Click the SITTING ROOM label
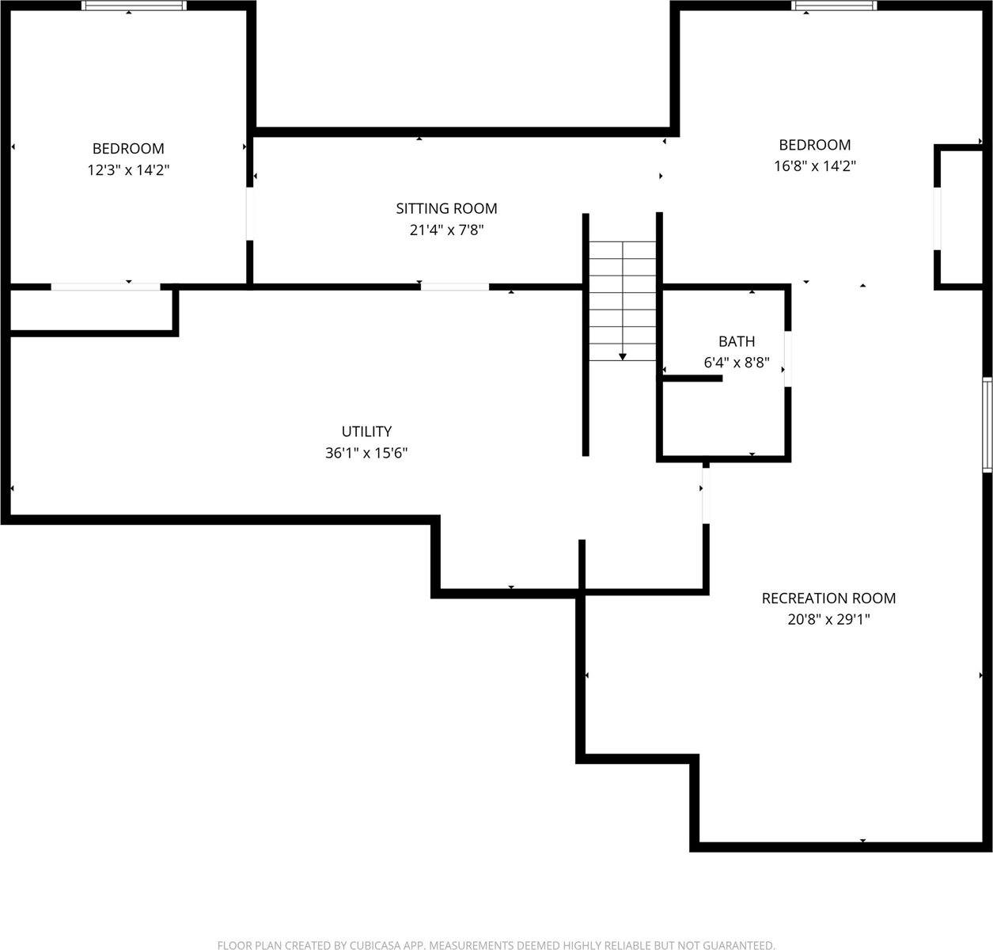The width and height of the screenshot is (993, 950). coord(446,208)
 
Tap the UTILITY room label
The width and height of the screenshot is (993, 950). coord(366,431)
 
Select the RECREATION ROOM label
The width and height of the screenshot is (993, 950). coord(828,598)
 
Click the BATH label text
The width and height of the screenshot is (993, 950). coord(736,342)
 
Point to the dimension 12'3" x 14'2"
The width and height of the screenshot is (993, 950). coord(128,169)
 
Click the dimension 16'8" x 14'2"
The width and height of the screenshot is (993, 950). coord(814,166)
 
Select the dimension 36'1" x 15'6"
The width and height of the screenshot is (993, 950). coord(366,453)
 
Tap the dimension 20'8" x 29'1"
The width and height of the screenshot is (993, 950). coord(828,620)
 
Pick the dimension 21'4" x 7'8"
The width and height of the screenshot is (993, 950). coord(446,230)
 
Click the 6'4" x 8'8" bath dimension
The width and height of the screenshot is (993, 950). coord(736,364)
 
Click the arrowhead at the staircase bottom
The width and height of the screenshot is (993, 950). coord(623,357)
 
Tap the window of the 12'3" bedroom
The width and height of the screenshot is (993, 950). coord(135,6)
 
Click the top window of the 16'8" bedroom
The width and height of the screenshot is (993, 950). coord(834,6)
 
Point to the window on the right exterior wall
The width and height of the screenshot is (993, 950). coord(987,425)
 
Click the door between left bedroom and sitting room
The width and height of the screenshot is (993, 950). coord(250,214)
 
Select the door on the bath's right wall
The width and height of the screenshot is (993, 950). coord(787,359)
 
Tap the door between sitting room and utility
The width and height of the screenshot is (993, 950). coord(454,287)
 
